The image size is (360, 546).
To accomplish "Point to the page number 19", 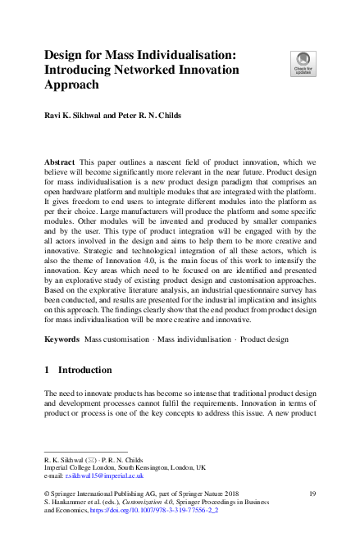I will point(312,493).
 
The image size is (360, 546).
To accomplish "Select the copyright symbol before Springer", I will point(46,493).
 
